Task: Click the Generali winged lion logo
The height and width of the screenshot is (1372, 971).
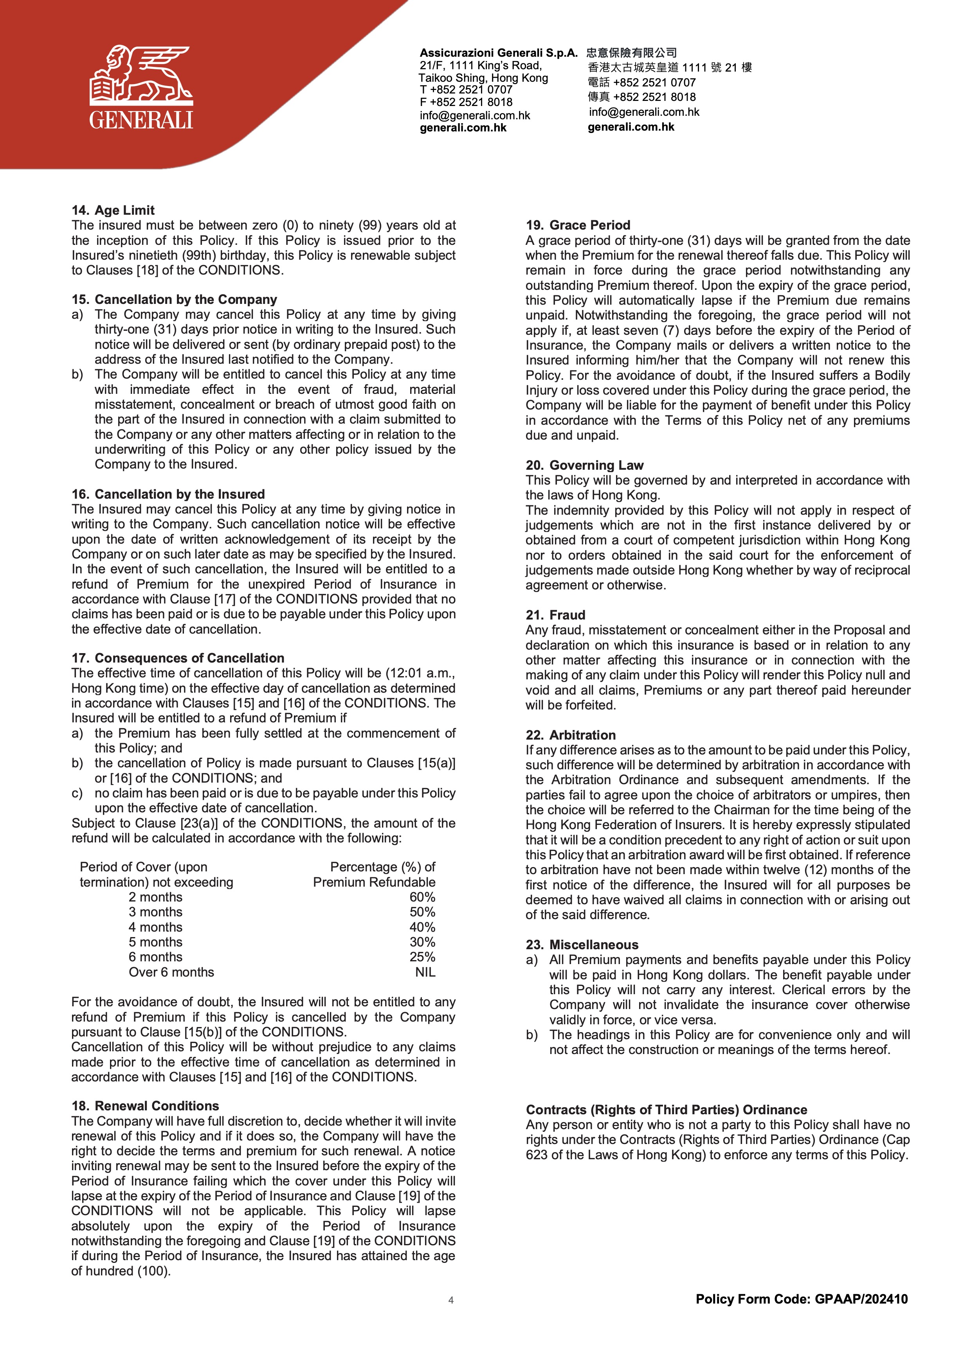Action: pos(141,87)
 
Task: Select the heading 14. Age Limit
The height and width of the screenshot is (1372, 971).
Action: pos(113,210)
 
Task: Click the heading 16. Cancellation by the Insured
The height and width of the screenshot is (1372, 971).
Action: pos(168,494)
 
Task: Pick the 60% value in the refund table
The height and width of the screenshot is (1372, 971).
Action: pos(422,897)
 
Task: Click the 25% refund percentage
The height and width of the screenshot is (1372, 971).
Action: pos(422,957)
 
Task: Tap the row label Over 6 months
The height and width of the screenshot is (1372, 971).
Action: pos(171,972)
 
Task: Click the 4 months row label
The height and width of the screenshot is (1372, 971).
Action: pos(155,927)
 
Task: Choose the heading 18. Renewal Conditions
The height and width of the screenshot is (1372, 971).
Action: pos(145,1106)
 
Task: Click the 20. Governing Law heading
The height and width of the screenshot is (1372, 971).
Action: pos(584,465)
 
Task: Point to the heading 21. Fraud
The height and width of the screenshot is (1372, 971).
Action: pos(555,615)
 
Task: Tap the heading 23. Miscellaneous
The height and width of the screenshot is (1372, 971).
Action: pos(582,945)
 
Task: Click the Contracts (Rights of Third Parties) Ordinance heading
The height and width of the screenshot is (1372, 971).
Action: pos(666,1110)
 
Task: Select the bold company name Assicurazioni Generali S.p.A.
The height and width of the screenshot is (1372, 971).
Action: pos(498,52)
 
